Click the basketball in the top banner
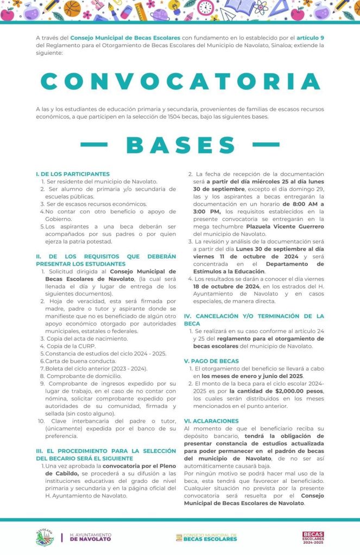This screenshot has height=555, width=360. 72,8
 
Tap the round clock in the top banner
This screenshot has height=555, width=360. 206,8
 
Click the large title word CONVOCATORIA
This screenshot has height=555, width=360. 180,81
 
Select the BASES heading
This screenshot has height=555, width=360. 180,145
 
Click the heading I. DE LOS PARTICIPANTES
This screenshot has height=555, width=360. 72,174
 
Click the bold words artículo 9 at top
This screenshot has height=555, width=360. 311,38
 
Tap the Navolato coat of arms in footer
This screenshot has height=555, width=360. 45,537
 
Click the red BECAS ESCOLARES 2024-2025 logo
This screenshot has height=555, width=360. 313,537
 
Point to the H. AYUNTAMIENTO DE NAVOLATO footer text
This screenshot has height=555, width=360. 90,537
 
